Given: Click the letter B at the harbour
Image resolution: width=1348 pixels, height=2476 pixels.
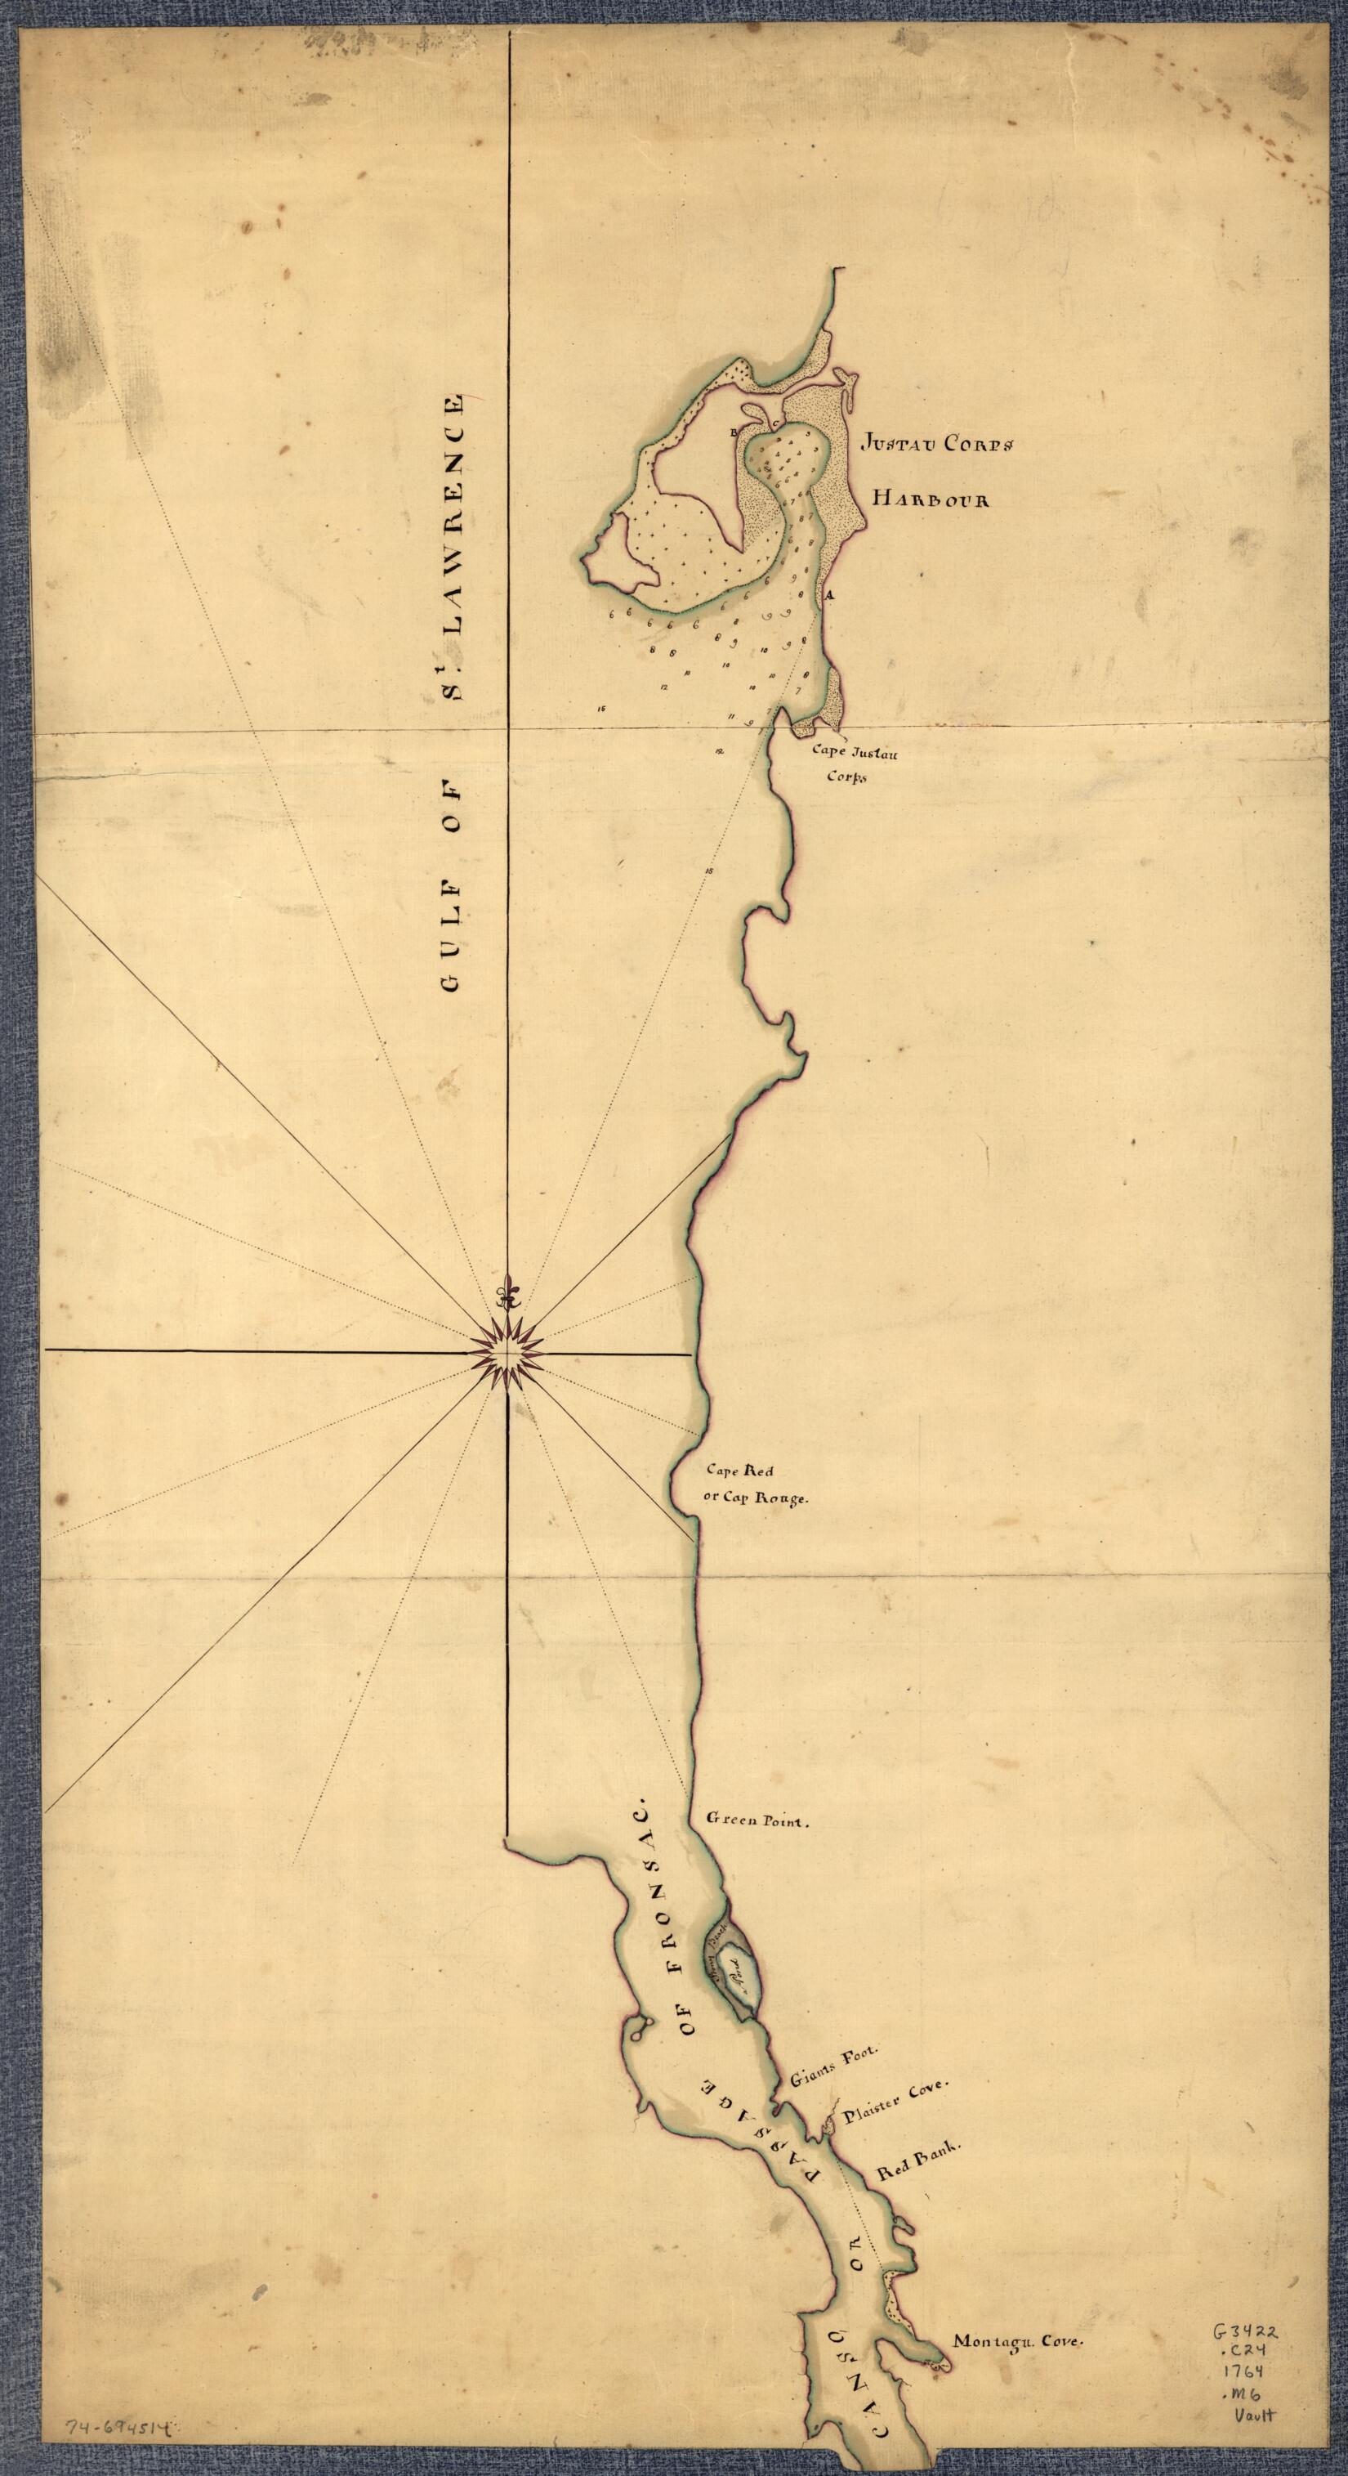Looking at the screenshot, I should click(x=735, y=433).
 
